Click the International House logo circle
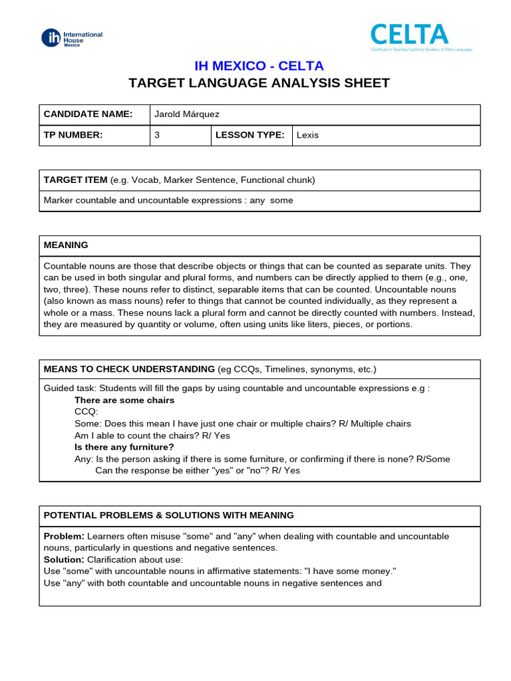pos(51,38)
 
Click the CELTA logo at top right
pos(409,35)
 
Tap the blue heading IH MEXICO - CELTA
pos(259,66)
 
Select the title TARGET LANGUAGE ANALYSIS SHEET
pos(259,83)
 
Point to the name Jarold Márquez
pos(186,114)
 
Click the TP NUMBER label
pos(73,135)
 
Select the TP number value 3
pos(157,135)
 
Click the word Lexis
pos(308,135)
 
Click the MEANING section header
pos(66,245)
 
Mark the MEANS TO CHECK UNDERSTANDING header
pos(129,369)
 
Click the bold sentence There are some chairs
pos(124,400)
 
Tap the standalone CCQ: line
pos(86,412)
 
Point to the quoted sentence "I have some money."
pos(353,572)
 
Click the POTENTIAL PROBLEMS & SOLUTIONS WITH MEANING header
pos(168,515)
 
